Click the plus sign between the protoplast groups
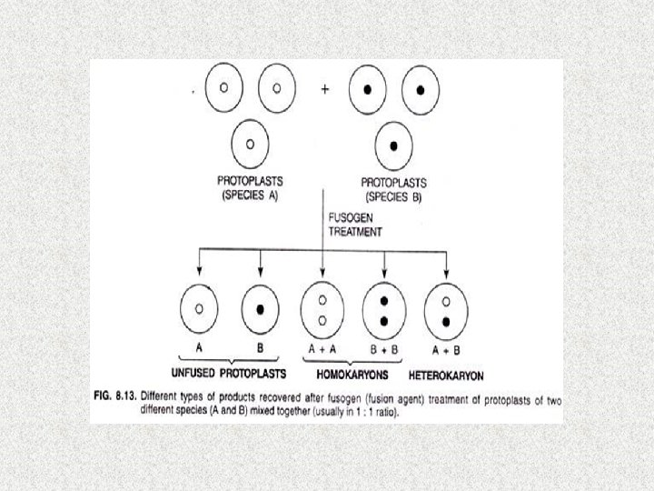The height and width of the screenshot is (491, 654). click(x=324, y=90)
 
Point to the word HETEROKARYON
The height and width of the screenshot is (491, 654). click(x=446, y=374)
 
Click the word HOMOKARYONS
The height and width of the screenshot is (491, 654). click(x=352, y=374)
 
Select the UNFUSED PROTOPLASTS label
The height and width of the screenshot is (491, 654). click(x=229, y=374)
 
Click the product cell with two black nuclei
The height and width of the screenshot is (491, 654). click(x=384, y=311)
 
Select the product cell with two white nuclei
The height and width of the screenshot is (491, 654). click(x=322, y=311)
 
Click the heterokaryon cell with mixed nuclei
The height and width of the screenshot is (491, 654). click(x=446, y=311)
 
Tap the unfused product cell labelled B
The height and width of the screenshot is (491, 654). click(x=261, y=311)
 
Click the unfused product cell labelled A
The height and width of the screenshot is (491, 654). click(x=198, y=311)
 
